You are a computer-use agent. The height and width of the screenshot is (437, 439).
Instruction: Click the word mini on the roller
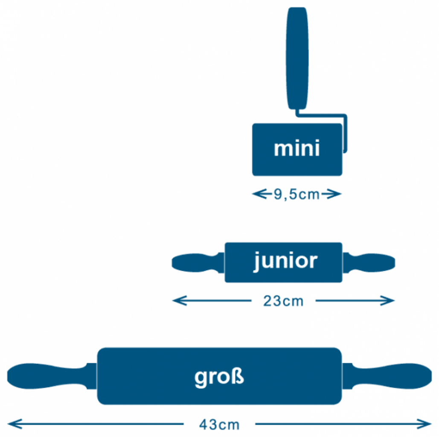click(297, 149)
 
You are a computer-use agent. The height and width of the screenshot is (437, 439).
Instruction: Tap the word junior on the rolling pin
click(285, 261)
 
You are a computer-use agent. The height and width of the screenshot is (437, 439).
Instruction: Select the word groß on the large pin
click(219, 377)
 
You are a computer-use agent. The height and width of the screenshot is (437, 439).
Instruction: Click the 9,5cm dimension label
click(297, 195)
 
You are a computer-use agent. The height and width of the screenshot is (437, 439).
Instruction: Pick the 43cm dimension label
click(219, 425)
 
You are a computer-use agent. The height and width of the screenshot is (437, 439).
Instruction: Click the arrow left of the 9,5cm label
click(259, 195)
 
